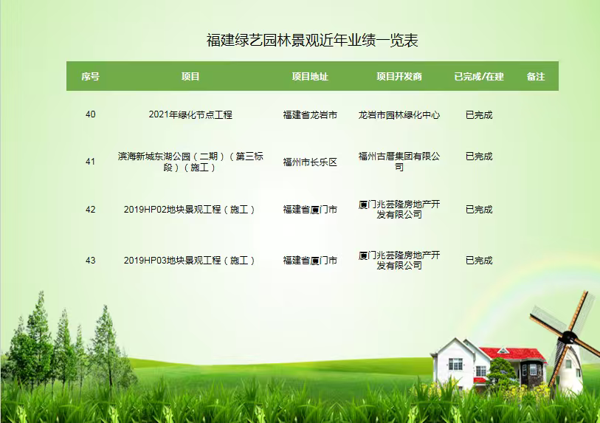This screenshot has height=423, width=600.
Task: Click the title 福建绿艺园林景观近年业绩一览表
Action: pos(312,40)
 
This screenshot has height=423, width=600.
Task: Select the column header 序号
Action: pos(90,77)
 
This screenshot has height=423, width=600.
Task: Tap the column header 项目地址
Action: pos(310,77)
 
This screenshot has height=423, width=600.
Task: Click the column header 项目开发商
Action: pos(399,77)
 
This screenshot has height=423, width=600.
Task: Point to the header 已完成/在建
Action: pos(479,77)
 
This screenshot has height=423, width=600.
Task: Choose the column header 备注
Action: pos(536,77)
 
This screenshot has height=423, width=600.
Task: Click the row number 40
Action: pos(90,114)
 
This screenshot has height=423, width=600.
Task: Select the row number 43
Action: pos(90,261)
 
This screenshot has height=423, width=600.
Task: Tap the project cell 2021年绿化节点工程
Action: pos(190,114)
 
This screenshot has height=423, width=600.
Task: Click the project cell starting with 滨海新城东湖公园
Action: pos(190,162)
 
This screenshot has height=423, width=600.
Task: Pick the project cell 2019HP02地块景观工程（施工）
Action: pos(190,210)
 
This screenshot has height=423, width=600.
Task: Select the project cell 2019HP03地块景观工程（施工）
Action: pos(190,261)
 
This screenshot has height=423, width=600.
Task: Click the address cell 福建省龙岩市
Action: pos(310,115)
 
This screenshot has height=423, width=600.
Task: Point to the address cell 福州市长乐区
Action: pos(310,162)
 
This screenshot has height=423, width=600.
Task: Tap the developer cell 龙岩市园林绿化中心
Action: pos(399,115)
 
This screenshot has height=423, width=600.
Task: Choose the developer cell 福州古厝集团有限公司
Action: pos(399,162)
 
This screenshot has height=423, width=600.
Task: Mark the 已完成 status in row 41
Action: pos(479,157)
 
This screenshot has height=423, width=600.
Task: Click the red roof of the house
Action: pos(513,354)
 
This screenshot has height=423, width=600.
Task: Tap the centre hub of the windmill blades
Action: pos(569,337)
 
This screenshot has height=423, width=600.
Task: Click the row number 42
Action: pos(90,210)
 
